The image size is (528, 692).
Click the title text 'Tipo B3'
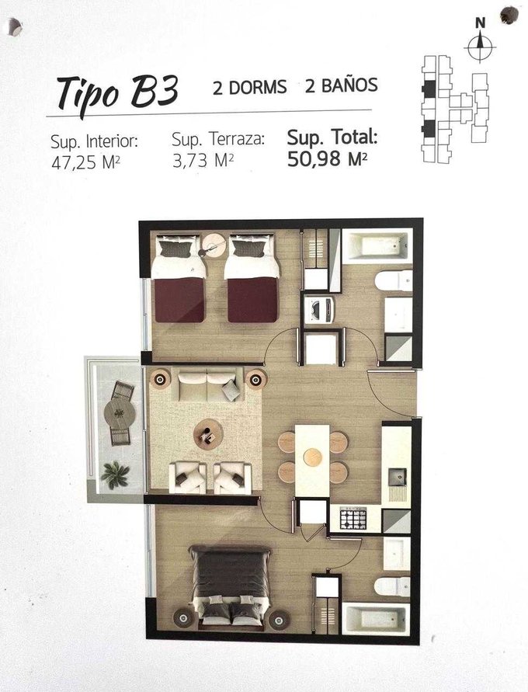pyautogui.click(x=118, y=93)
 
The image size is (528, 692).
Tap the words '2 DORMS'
pyautogui.click(x=250, y=87)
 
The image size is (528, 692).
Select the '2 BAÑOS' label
pyautogui.click(x=342, y=85)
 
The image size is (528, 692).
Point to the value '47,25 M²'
pyautogui.click(x=85, y=163)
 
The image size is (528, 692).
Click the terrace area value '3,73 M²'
pyautogui.click(x=203, y=161)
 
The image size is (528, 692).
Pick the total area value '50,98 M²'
pyautogui.click(x=328, y=158)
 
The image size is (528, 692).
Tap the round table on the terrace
pyautogui.click(x=120, y=413)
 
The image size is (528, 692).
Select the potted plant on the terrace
pyautogui.click(x=115, y=474)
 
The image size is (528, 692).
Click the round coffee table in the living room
pyautogui.click(x=208, y=434)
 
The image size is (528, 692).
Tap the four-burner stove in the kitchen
pyautogui.click(x=353, y=519)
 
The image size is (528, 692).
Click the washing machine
pyautogui.click(x=320, y=310)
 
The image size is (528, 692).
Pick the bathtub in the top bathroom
pyautogui.click(x=377, y=246)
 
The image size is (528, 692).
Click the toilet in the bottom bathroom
pyautogui.click(x=392, y=586)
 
